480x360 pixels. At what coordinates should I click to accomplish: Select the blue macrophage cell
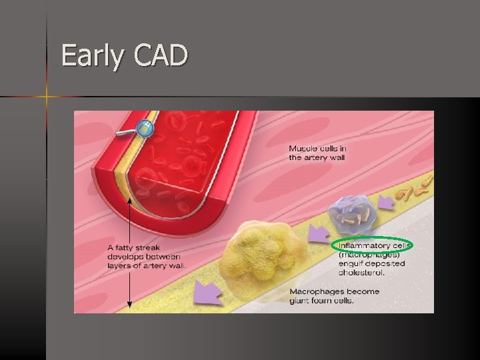click(x=352, y=213)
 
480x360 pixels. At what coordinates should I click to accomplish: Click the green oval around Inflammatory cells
click(x=372, y=245)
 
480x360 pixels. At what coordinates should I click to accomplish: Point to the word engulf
click(x=352, y=263)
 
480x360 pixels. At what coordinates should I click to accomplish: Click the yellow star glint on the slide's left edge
click(x=47, y=97)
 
